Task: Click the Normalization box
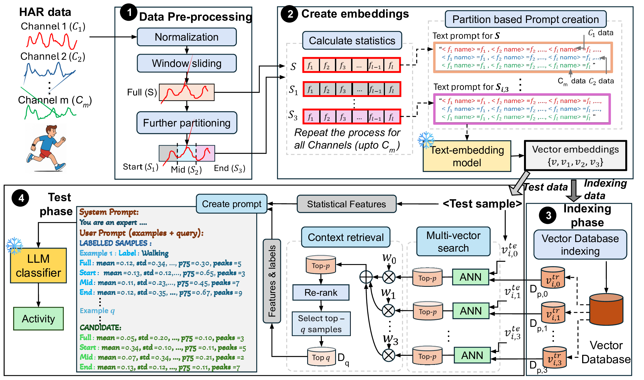click(x=187, y=37)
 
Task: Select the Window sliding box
click(x=187, y=63)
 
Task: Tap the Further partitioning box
click(x=187, y=123)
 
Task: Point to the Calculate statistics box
click(x=352, y=41)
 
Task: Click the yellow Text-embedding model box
click(x=467, y=156)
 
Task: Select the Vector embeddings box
click(x=575, y=156)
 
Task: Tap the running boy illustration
click(x=46, y=148)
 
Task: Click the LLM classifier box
click(x=38, y=266)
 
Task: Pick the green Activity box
click(x=38, y=319)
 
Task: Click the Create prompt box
click(x=231, y=204)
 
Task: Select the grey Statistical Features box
click(x=346, y=204)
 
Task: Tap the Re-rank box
click(x=321, y=293)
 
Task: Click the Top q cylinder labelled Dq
click(x=321, y=357)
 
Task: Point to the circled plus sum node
click(x=366, y=277)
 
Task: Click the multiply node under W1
click(x=388, y=311)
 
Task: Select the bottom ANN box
click(x=472, y=355)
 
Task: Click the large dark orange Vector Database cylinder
click(x=606, y=309)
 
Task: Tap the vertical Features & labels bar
click(x=272, y=281)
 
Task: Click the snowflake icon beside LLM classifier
click(x=14, y=246)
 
